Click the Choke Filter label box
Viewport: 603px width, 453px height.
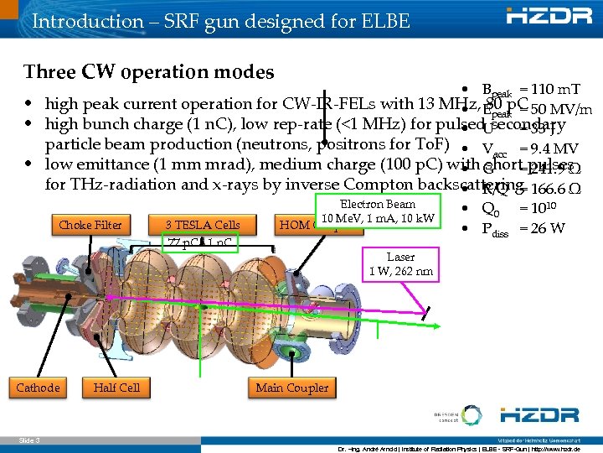coord(90,225)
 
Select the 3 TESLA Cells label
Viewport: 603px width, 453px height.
coord(202,225)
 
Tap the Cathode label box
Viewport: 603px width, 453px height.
coord(38,388)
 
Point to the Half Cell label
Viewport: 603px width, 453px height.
coord(116,388)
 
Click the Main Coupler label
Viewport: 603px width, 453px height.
coord(292,388)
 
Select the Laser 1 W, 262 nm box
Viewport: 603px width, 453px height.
coord(400,264)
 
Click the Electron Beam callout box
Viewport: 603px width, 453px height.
coord(377,211)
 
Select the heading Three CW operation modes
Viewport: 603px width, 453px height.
coord(148,71)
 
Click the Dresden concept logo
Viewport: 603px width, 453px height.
coord(446,416)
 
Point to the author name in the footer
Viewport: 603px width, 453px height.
coord(376,447)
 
